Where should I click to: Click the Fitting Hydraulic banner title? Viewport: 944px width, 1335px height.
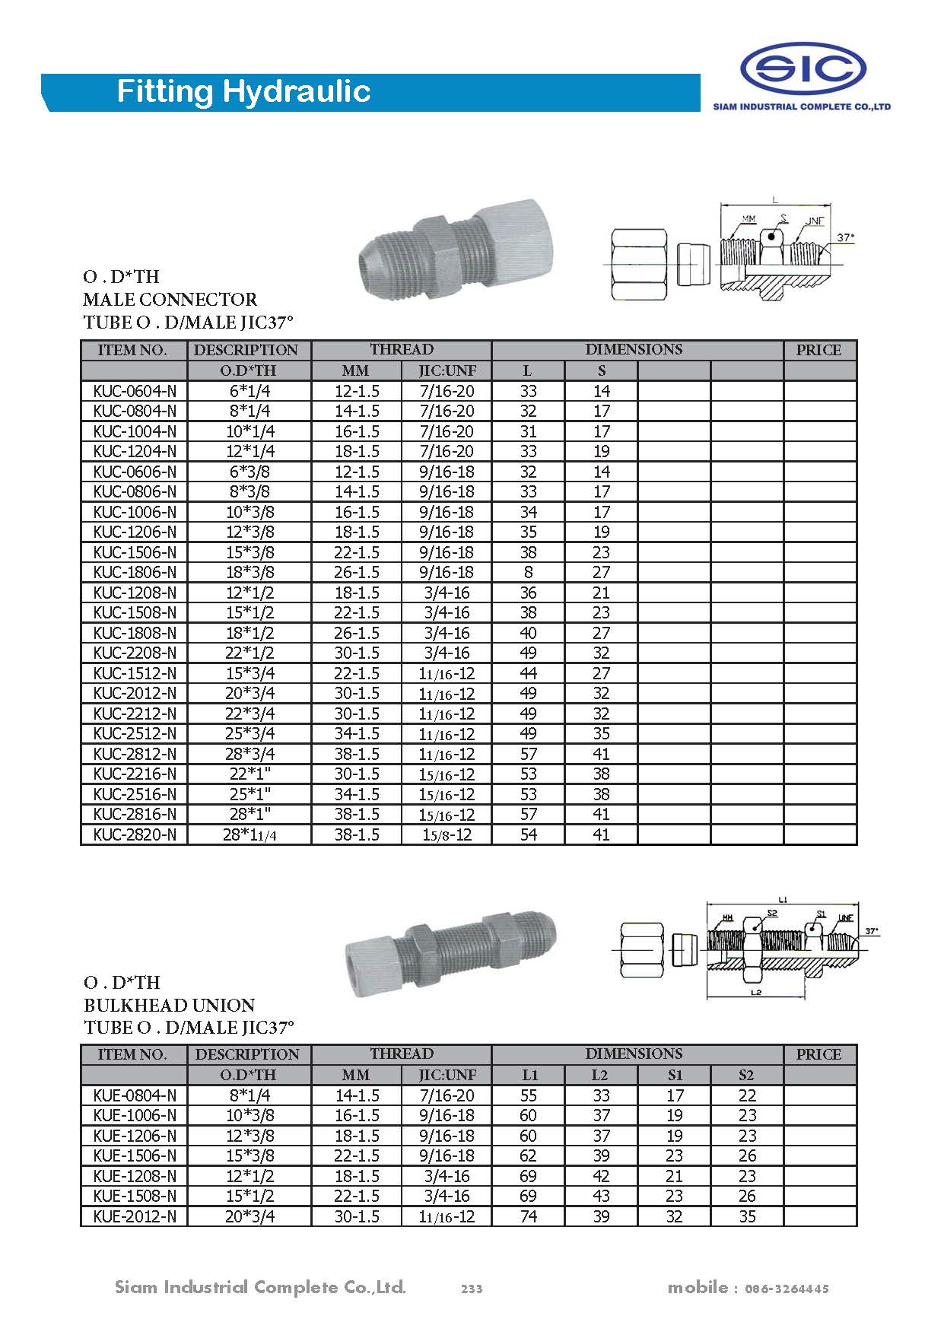click(243, 92)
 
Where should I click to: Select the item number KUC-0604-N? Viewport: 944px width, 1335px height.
click(135, 391)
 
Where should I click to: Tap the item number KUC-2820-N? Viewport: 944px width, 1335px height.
click(135, 834)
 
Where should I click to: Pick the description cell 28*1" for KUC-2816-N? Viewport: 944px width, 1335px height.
click(249, 814)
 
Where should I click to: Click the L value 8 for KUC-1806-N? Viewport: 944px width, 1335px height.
click(528, 572)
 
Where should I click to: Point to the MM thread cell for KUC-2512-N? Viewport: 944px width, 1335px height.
click(356, 733)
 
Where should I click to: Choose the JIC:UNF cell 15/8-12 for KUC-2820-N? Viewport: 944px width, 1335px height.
click(447, 834)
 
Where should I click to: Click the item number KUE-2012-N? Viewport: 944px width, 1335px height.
click(135, 1216)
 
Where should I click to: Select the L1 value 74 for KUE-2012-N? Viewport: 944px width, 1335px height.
click(528, 1216)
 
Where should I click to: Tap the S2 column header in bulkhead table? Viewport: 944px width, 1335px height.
click(746, 1075)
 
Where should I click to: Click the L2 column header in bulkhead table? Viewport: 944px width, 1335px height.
click(601, 1075)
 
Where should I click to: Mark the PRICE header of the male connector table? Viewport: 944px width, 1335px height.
click(818, 350)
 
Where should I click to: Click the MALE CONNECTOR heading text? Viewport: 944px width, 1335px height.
click(170, 299)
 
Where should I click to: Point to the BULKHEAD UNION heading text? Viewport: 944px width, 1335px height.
click(169, 1005)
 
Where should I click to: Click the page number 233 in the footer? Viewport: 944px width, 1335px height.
click(472, 1289)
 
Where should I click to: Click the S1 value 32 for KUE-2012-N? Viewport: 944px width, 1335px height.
click(674, 1216)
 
